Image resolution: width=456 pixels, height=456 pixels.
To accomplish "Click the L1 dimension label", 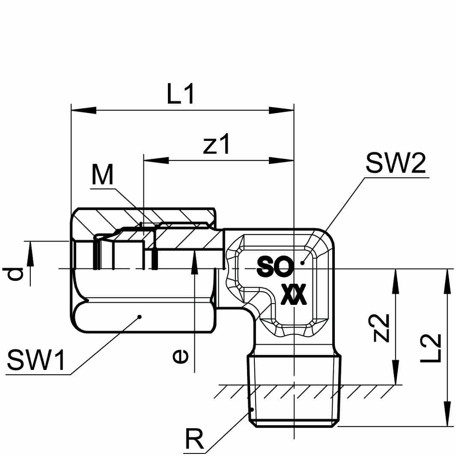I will tap(181, 95).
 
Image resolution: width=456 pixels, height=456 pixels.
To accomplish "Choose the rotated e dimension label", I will tap(180, 356).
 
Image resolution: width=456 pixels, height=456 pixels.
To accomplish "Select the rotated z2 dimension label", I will tap(380, 328).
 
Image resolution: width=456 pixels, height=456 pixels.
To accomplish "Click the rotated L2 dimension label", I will tap(430, 348).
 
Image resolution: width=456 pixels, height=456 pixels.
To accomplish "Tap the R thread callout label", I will tap(195, 440).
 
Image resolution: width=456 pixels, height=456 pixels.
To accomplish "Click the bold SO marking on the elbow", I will tap(275, 268).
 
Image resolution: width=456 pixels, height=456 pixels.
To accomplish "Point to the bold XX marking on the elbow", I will tap(294, 295).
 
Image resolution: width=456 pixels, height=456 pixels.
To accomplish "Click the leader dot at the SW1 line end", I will tap(139, 317).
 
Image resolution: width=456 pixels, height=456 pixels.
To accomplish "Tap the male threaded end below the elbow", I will tap(295, 390).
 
